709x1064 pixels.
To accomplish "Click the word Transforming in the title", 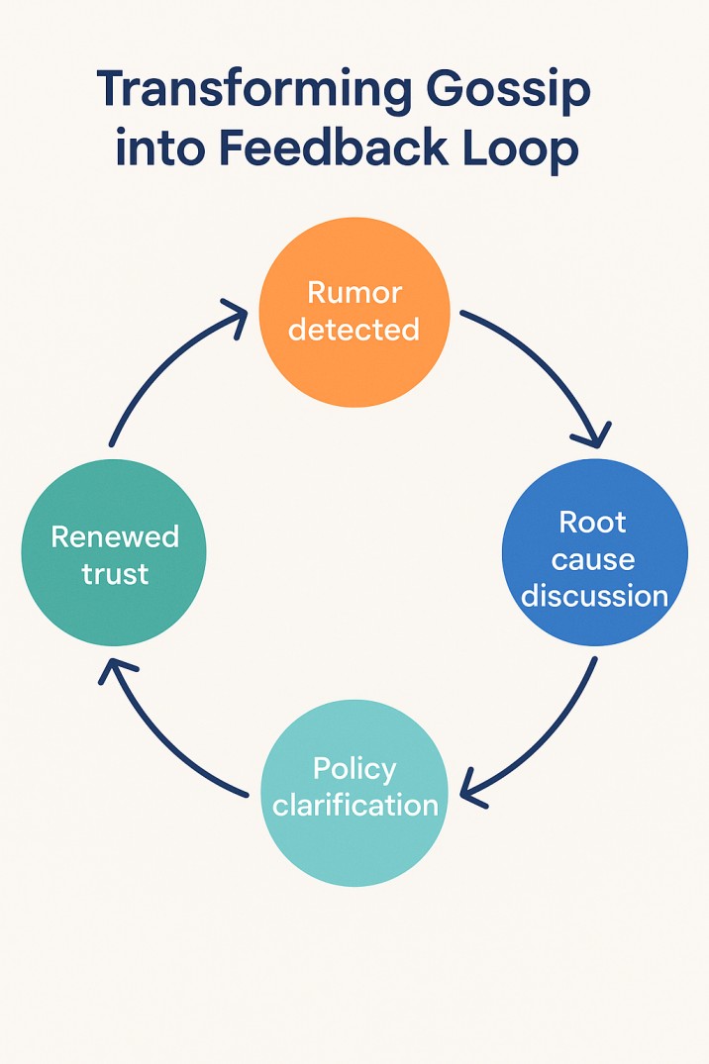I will click(x=254, y=92).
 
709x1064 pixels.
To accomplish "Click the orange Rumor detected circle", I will click(x=354, y=312).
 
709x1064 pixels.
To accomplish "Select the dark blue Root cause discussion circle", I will click(x=594, y=553).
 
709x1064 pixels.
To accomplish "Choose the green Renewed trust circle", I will click(x=114, y=553).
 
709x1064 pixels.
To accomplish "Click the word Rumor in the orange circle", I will click(x=354, y=293).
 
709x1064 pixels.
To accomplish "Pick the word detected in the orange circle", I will click(x=354, y=329).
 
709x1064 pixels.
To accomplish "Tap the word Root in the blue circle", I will click(x=593, y=522).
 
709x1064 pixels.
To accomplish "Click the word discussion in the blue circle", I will click(x=595, y=596).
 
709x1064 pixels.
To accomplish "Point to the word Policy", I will click(x=354, y=769).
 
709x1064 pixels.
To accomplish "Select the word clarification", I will click(x=355, y=805).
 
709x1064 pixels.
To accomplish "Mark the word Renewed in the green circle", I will click(x=115, y=536).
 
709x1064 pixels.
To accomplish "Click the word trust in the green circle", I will click(x=115, y=573).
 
